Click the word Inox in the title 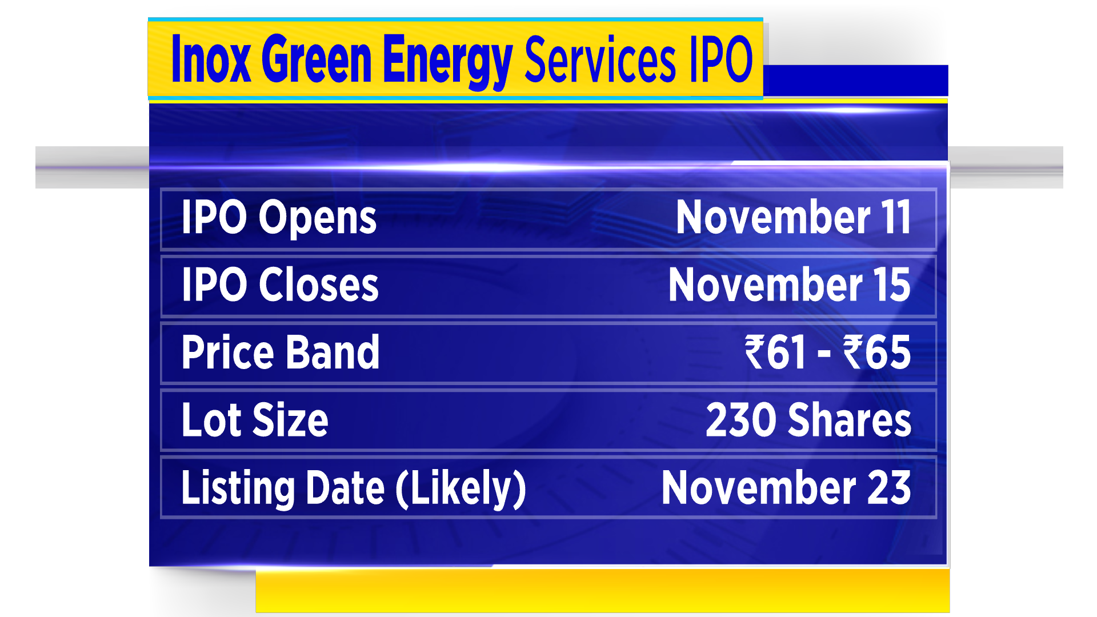point(211,59)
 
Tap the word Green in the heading point(317,59)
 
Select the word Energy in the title point(447,62)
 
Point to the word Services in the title point(600,59)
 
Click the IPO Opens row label point(279,218)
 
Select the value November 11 point(793,217)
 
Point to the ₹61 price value point(775,352)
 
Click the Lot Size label point(255,419)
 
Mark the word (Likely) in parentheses point(461,489)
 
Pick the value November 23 point(786,487)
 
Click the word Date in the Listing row point(345,487)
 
